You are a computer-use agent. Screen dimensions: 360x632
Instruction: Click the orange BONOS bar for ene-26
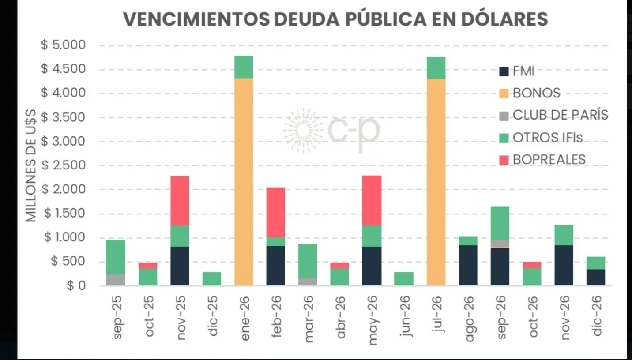click(x=244, y=181)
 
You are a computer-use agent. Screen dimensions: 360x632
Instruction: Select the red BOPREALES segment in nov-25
click(x=180, y=201)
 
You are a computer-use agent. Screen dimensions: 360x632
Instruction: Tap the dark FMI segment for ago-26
click(x=468, y=265)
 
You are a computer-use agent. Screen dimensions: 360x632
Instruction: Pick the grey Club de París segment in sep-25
click(x=116, y=280)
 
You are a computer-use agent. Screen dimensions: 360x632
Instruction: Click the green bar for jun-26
click(x=404, y=278)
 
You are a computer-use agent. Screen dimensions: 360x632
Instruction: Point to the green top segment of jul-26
click(x=436, y=68)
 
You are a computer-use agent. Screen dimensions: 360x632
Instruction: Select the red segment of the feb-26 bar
click(x=275, y=212)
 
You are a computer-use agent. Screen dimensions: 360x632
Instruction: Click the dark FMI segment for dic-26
click(x=596, y=277)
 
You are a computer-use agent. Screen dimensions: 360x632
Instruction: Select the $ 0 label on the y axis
click(x=77, y=286)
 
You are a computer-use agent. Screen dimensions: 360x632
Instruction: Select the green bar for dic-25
click(x=212, y=278)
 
